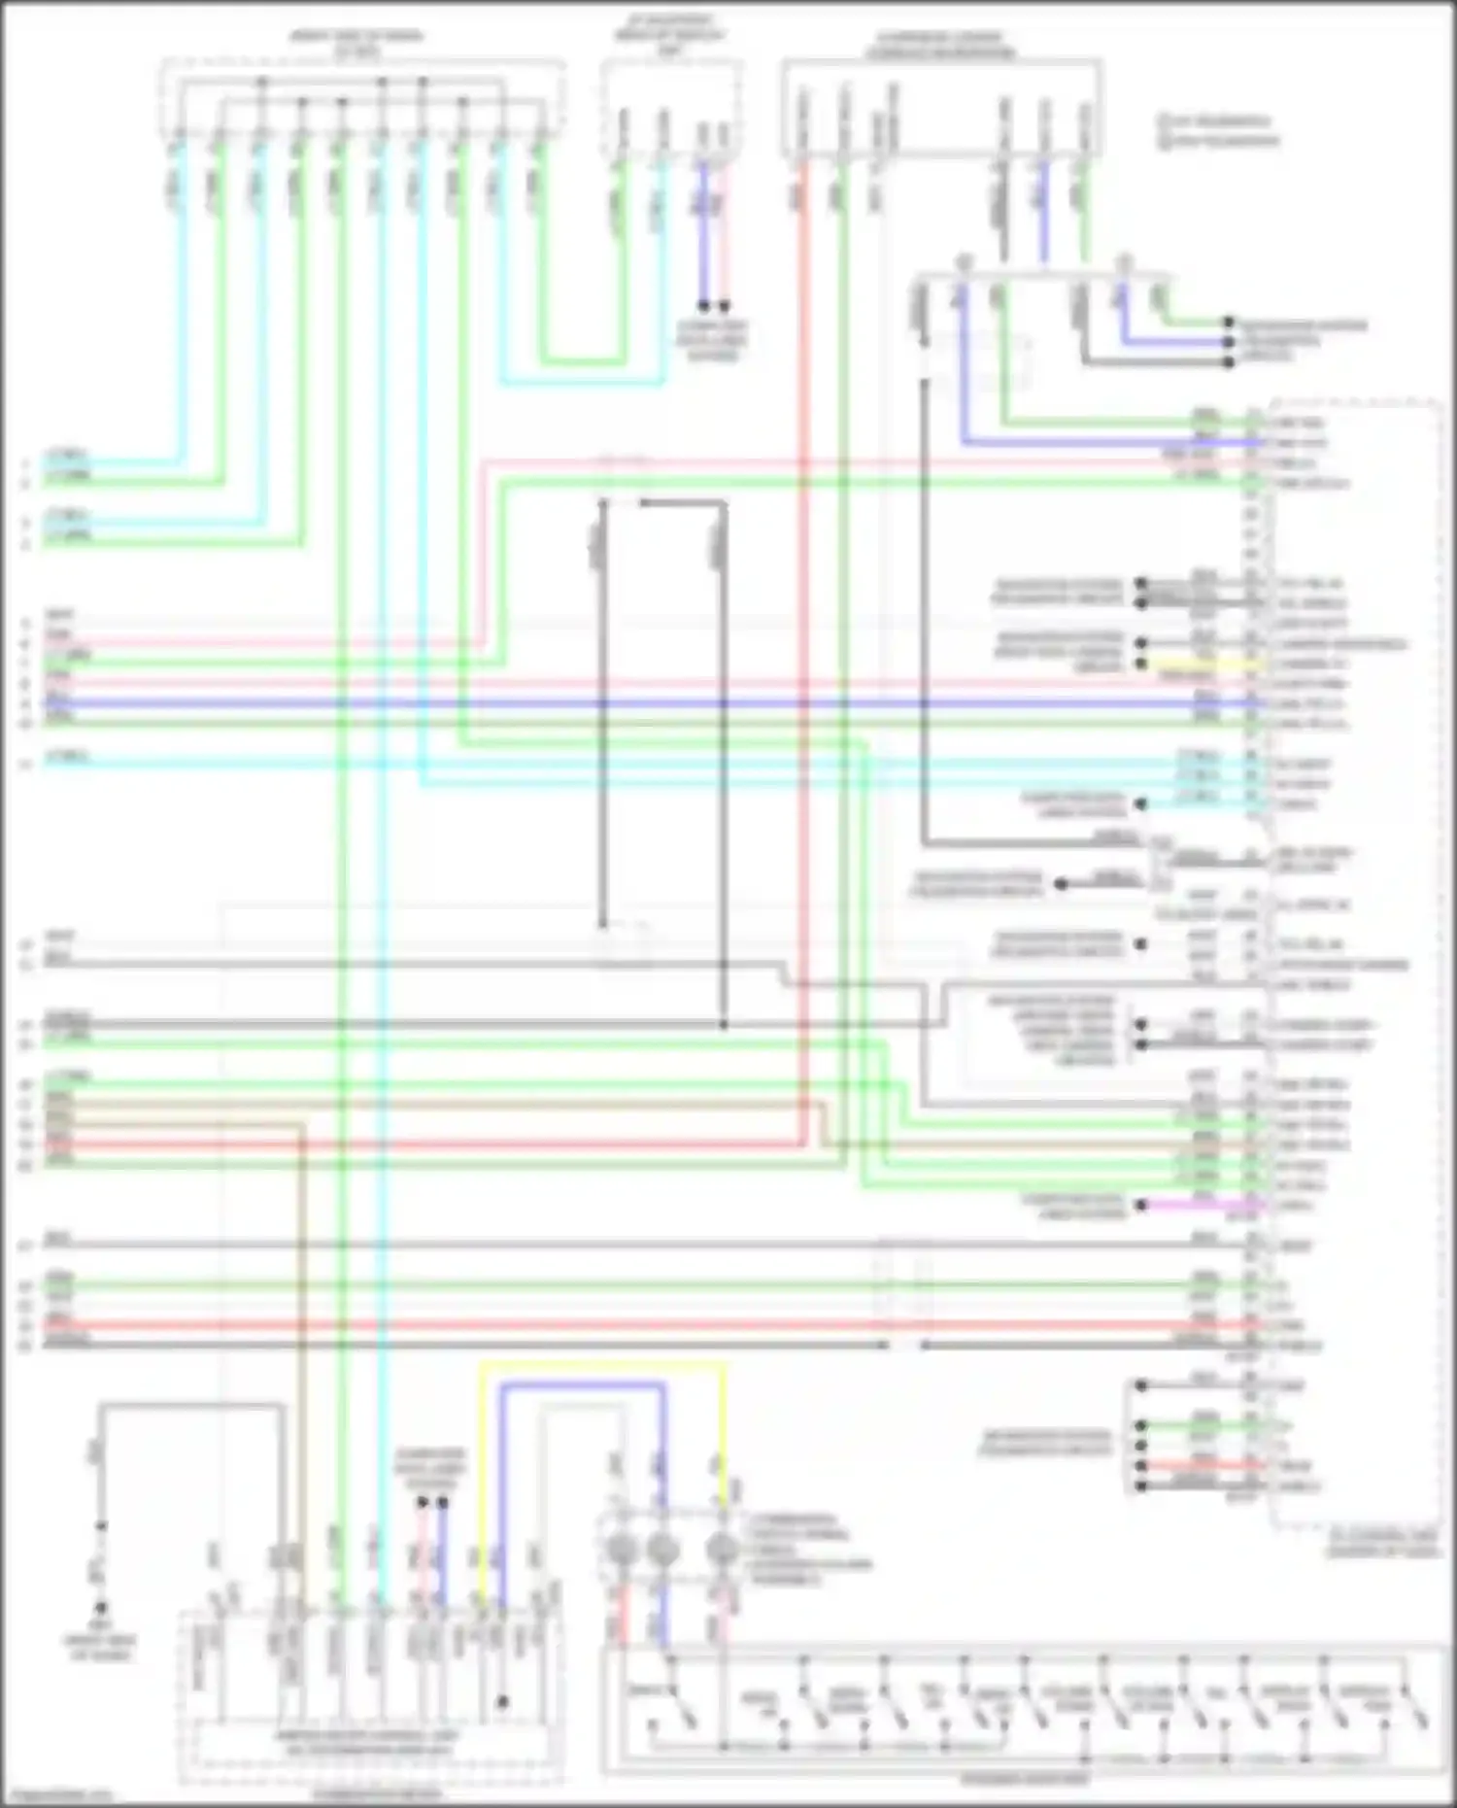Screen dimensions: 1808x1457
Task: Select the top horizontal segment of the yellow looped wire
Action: pos(602,1365)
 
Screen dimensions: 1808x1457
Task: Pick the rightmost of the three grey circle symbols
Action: pos(721,1549)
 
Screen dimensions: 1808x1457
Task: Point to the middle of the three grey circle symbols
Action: pos(662,1549)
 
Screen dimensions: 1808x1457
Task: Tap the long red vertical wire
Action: pos(804,680)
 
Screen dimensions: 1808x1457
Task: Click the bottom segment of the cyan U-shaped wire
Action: pos(583,382)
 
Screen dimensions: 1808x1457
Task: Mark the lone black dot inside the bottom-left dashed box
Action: pos(502,1702)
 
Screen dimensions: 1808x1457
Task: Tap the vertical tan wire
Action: pos(302,1360)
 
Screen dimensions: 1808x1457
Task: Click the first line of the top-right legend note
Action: pos(1218,121)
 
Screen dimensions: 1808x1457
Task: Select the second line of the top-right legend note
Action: pos(1218,141)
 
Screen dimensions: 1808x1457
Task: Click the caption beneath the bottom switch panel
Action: pos(1025,1780)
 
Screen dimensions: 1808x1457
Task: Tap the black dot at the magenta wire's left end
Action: pos(1143,1205)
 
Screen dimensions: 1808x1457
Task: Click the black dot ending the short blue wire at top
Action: pos(703,306)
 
